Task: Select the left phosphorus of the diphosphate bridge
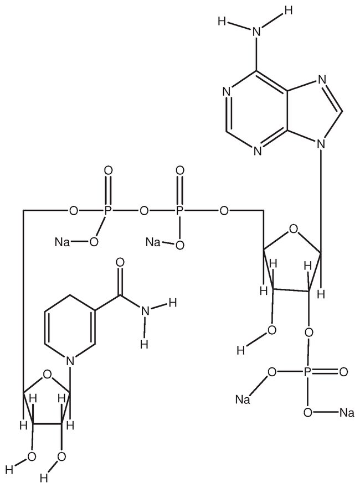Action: pyautogui.click(x=108, y=211)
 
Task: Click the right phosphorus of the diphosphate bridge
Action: pyautogui.click(x=179, y=211)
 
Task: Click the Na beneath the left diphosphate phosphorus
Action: pyautogui.click(x=61, y=242)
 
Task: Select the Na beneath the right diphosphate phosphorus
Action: pyautogui.click(x=152, y=242)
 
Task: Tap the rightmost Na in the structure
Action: pyautogui.click(x=347, y=412)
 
